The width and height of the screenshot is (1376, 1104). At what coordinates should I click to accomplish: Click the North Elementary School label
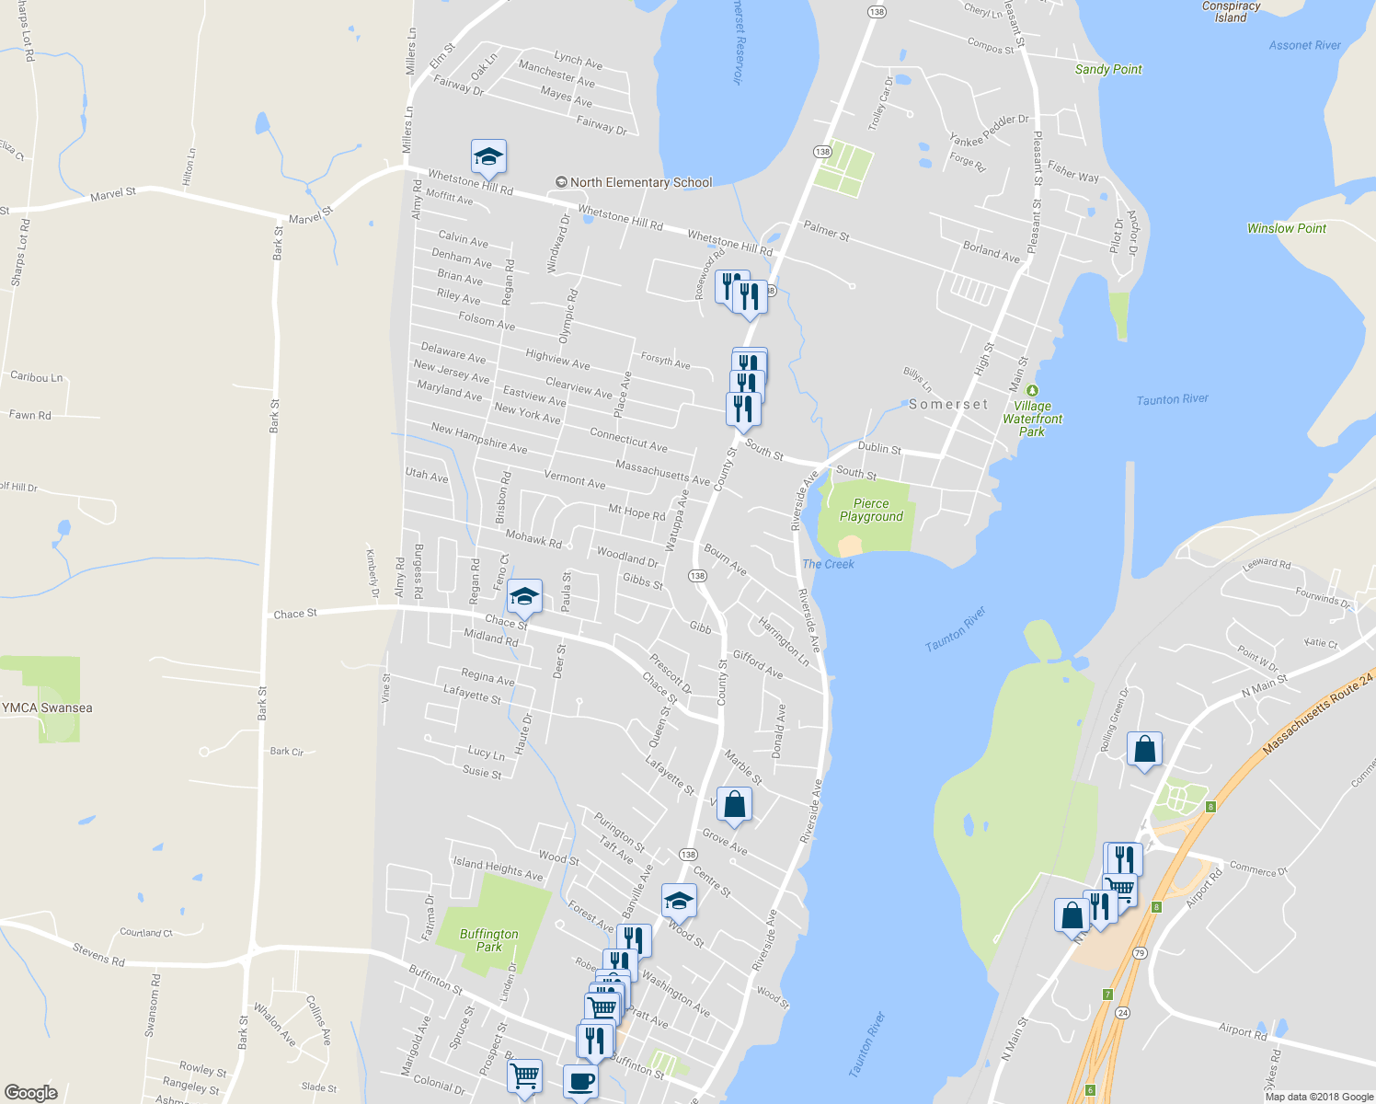[640, 182]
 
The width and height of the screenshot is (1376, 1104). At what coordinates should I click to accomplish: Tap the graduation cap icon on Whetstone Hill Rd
[488, 157]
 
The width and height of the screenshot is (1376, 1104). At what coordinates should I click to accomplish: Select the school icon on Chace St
[524, 597]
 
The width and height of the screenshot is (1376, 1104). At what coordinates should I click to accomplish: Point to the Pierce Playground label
[871, 510]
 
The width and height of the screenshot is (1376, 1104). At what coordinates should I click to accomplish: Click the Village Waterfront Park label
[1032, 419]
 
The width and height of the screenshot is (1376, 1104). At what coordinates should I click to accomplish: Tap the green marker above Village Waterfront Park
[1032, 391]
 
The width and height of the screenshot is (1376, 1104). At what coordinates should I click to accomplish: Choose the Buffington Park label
[488, 939]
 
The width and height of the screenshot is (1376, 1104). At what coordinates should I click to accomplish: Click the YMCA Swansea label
[48, 707]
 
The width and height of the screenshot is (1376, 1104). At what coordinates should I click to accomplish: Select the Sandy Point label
[1108, 69]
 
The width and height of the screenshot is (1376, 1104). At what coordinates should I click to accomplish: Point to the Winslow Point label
[1286, 228]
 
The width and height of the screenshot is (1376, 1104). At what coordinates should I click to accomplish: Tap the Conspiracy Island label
[1231, 12]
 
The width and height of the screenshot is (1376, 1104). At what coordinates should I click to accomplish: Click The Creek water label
[828, 564]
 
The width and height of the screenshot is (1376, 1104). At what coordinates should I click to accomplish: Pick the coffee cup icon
[580, 1081]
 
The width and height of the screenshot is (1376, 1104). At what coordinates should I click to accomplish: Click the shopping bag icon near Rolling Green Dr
[1145, 750]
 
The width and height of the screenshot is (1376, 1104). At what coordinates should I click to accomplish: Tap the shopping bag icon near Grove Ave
[734, 805]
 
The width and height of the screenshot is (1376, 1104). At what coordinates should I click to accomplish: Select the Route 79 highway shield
[1140, 953]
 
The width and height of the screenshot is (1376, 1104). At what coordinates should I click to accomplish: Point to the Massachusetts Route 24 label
[1318, 714]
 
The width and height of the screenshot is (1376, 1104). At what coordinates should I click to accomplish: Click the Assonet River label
[1304, 45]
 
